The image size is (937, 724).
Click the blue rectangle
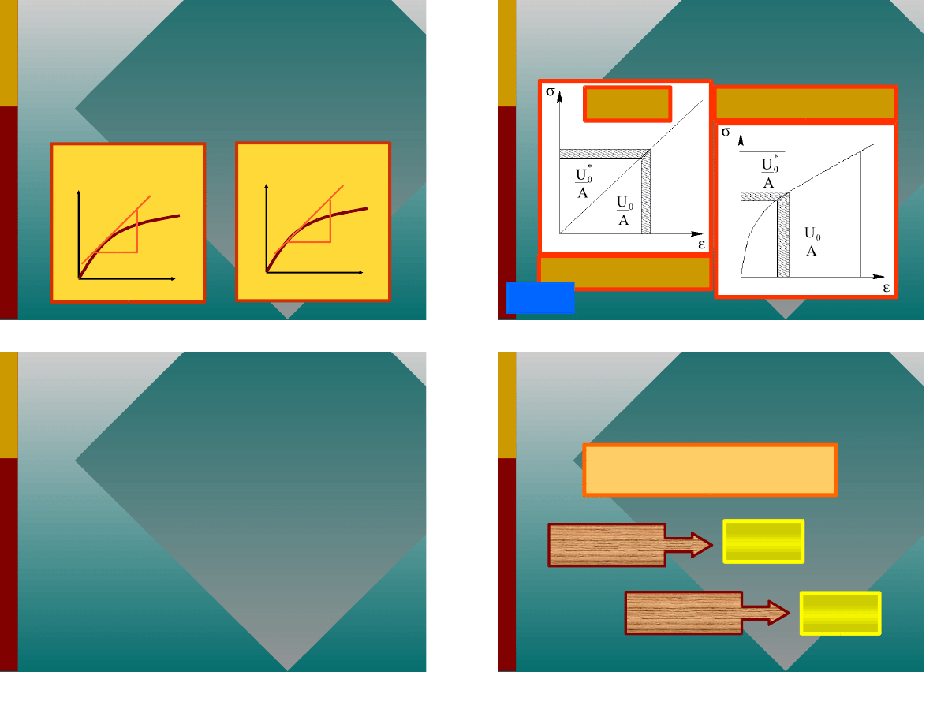pos(540,297)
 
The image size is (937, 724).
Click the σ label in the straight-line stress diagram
pos(551,91)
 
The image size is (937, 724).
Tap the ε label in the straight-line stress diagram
pos(701,244)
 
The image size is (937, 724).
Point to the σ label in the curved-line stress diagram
pos(726,132)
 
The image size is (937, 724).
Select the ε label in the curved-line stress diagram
pos(887,288)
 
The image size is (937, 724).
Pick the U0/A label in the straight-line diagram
pos(625,211)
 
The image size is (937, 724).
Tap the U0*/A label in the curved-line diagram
pos(770,173)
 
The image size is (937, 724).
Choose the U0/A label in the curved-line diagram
pos(812,241)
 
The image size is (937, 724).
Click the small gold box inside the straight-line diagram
pos(628,104)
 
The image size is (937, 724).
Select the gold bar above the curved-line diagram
pos(805,103)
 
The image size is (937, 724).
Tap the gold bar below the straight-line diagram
pos(625,272)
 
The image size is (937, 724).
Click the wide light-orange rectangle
pos(710,470)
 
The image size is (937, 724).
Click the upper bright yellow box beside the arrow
pos(763,541)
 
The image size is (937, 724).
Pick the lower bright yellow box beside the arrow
pos(840,613)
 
